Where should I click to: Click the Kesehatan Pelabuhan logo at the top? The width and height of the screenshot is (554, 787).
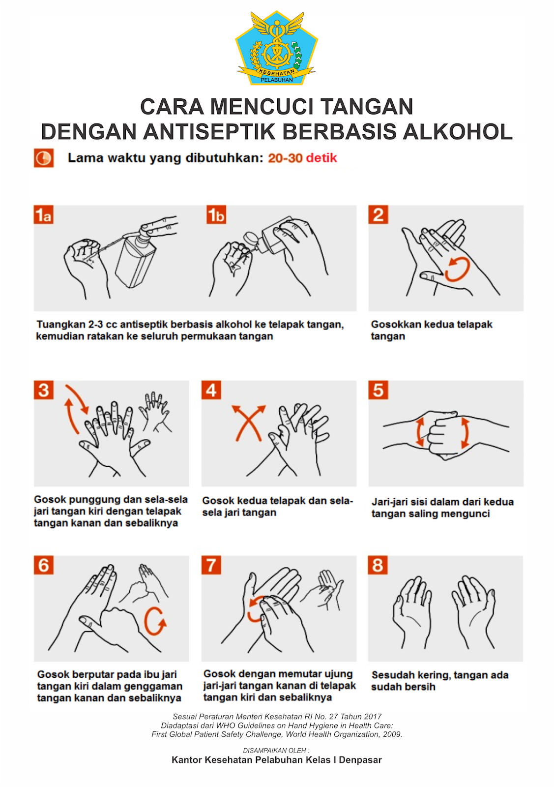tap(277, 48)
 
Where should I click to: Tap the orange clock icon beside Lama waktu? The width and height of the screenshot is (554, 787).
tap(44, 158)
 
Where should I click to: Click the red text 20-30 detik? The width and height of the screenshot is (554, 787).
tap(302, 158)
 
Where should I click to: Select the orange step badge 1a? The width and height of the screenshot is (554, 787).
tap(44, 214)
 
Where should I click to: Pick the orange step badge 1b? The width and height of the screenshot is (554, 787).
tap(216, 214)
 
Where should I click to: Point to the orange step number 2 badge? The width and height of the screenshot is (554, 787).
tap(378, 214)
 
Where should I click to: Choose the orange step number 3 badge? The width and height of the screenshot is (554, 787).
tap(44, 390)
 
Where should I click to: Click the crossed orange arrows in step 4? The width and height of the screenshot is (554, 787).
tap(249, 423)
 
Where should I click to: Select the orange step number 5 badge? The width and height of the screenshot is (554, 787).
tap(378, 390)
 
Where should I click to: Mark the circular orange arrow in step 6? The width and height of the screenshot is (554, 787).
tap(155, 621)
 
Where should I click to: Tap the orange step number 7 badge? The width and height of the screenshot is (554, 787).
tap(211, 565)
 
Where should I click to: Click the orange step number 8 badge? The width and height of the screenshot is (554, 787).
tap(378, 565)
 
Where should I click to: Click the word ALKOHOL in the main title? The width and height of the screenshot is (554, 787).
tap(458, 132)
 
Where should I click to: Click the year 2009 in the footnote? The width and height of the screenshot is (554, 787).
tap(393, 734)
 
